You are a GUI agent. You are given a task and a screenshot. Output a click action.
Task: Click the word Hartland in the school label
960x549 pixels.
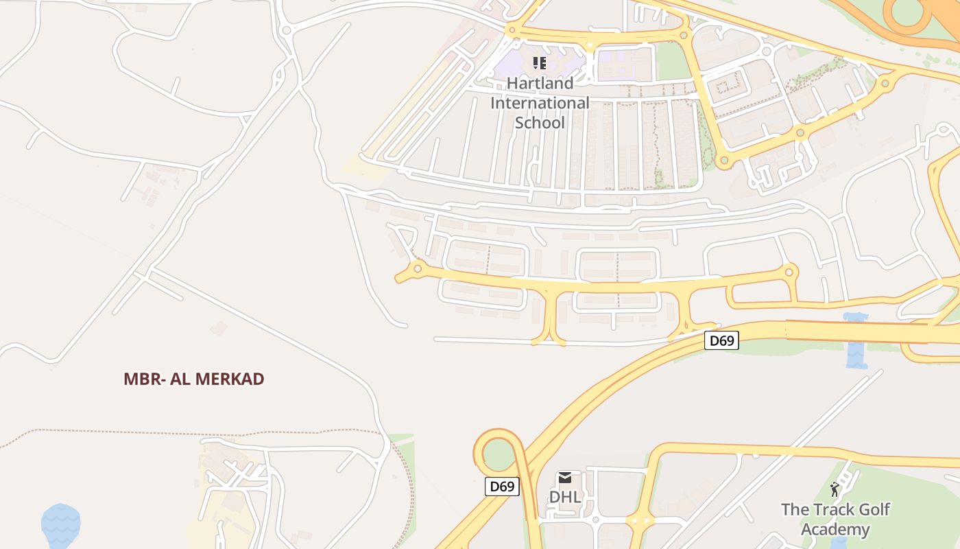coord(540,83)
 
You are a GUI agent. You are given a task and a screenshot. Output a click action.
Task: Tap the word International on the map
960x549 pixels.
coord(540,103)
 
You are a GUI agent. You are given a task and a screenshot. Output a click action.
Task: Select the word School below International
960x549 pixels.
coord(540,123)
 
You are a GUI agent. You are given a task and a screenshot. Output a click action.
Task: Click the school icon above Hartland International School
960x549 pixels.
coord(540,64)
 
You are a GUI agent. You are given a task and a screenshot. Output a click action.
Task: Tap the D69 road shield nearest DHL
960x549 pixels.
coord(502,487)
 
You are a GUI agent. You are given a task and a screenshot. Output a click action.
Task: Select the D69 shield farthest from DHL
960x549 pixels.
coord(721,340)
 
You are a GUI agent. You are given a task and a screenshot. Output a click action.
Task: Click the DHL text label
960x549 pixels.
coord(565,496)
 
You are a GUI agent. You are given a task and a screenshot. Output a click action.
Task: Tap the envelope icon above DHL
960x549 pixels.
coord(565,478)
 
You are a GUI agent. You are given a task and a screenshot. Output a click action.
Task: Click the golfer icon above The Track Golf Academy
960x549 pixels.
coord(835,489)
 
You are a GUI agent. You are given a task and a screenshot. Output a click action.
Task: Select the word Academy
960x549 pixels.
coord(835,530)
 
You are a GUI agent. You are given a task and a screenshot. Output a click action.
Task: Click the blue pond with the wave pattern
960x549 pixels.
coord(60,525)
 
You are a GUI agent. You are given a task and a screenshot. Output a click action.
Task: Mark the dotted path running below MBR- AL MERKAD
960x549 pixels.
coord(206,432)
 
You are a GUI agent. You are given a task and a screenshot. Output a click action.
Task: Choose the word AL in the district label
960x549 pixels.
coord(180,379)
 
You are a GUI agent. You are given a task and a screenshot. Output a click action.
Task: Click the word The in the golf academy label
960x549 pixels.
coord(795,510)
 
